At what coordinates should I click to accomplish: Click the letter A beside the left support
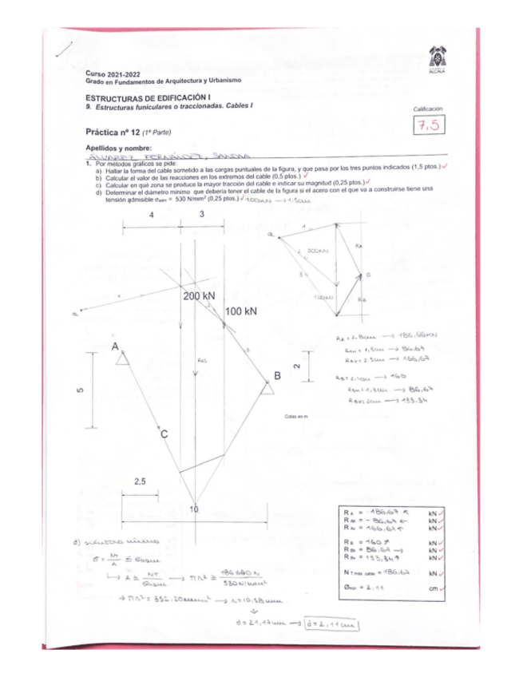click(x=116, y=347)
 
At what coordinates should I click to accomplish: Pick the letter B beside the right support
click(x=277, y=375)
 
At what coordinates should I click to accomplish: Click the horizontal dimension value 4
click(x=151, y=216)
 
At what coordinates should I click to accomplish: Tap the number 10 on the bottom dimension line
click(x=193, y=509)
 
